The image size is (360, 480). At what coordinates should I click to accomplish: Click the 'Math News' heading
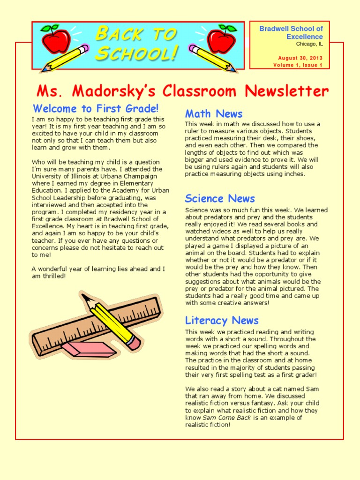coord(214,114)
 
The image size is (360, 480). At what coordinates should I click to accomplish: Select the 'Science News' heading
coord(220,198)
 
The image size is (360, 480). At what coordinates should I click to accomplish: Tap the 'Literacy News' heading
coord(222,321)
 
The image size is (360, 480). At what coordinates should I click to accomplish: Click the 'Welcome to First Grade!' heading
coord(96,109)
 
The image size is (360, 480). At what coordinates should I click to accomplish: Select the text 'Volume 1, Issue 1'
coord(298,65)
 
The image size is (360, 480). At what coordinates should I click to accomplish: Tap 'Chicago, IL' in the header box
coord(309,44)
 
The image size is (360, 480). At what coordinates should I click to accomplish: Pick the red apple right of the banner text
coord(221,39)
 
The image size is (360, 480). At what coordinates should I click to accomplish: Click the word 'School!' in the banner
coord(136,53)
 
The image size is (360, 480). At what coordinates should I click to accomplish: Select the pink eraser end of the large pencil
coord(134,344)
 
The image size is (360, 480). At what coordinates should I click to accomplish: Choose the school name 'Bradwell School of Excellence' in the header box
coord(291,32)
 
